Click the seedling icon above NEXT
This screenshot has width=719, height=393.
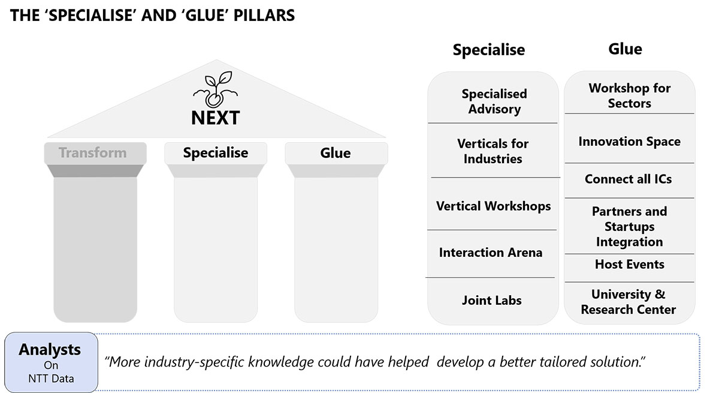click(215, 89)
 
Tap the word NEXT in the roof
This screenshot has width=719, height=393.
click(215, 118)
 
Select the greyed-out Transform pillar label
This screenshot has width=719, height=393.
click(92, 152)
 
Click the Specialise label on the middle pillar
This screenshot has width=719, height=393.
click(215, 152)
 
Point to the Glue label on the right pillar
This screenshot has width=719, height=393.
click(336, 153)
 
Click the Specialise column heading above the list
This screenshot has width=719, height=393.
click(489, 50)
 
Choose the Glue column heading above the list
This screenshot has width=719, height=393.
click(626, 49)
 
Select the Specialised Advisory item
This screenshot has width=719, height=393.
click(494, 101)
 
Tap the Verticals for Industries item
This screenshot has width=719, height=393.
click(493, 151)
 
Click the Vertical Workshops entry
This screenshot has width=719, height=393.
click(493, 206)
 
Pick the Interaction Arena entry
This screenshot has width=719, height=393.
click(491, 253)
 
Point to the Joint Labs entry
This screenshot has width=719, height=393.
click(492, 301)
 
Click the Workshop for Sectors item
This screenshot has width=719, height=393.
click(630, 95)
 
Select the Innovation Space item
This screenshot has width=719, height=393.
click(630, 142)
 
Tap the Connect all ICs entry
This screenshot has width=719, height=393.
click(628, 179)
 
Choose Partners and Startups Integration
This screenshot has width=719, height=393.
click(630, 227)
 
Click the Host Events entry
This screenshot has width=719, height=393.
click(630, 264)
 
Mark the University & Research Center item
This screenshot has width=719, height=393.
click(628, 302)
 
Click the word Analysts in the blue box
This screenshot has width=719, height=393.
click(50, 350)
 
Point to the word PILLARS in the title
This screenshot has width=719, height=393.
click(264, 16)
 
